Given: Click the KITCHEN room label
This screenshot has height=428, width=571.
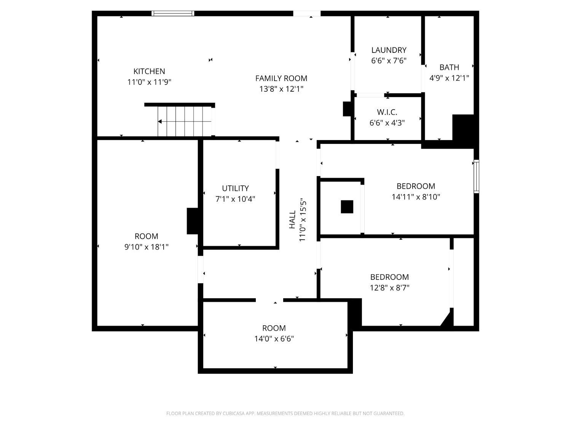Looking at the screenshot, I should [149, 71].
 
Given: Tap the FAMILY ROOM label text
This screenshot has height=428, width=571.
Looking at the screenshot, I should [281, 78].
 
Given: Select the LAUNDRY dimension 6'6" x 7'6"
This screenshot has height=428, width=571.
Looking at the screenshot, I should [389, 60].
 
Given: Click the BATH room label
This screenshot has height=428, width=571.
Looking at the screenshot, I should [449, 67].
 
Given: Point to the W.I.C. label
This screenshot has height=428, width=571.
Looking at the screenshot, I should [387, 112].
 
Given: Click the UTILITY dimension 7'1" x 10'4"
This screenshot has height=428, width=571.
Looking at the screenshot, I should [235, 199].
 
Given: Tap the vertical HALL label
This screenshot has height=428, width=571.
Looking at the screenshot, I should [292, 220].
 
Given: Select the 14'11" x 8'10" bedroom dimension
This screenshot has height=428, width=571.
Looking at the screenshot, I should [416, 197].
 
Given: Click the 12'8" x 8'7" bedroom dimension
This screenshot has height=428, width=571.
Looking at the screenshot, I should [389, 288].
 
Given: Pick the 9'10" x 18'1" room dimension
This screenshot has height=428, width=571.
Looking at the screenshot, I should [147, 247].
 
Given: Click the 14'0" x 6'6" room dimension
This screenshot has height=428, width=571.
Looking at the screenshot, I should [274, 339].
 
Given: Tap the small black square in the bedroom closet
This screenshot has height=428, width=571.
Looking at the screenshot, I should [347, 207].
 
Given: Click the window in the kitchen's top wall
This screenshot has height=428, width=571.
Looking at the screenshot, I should [173, 13].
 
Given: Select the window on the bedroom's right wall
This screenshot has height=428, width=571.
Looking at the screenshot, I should [476, 177].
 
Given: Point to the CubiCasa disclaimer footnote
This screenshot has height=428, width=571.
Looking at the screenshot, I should [285, 413].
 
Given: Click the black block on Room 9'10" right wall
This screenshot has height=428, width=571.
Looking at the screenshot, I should [193, 221].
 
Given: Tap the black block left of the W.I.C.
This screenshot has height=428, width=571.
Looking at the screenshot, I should [347, 108].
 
